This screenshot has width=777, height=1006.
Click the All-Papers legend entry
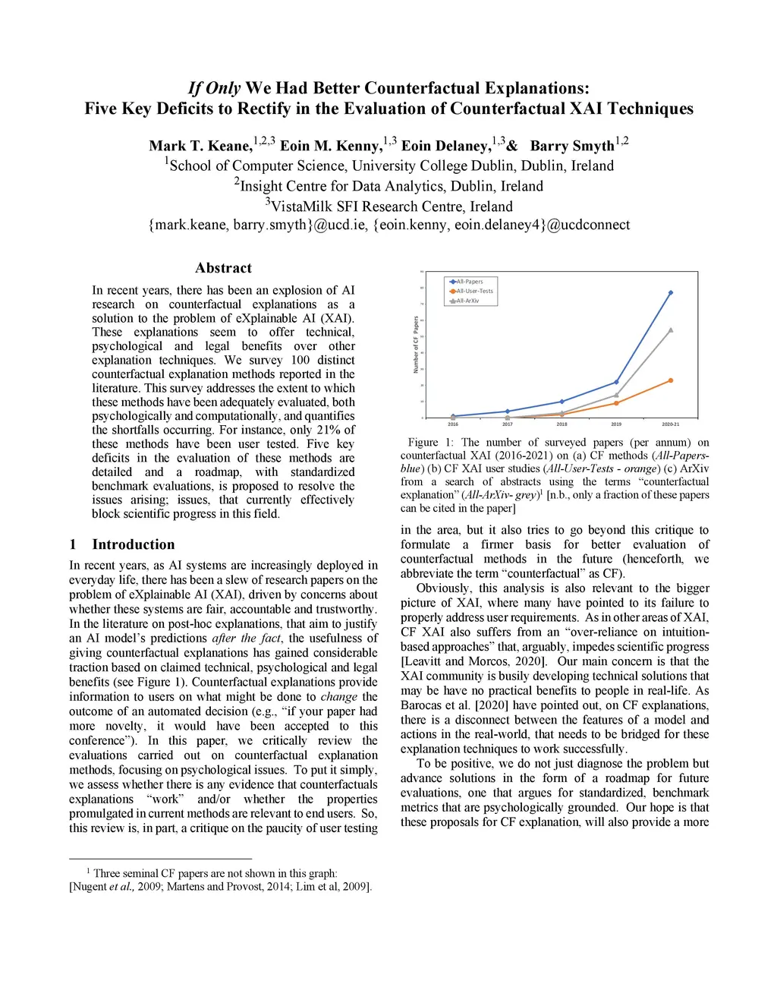tap(470, 282)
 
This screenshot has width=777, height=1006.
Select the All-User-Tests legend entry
tap(474, 291)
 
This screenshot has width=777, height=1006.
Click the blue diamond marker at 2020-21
tap(671, 292)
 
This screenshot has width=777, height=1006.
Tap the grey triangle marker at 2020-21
tap(671, 330)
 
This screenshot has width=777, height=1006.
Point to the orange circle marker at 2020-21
tap(671, 380)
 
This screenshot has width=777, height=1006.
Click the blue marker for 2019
tap(616, 382)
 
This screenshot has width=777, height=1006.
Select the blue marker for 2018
tap(562, 402)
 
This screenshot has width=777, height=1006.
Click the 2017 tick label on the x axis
tap(507, 424)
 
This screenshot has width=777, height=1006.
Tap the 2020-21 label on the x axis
tap(671, 424)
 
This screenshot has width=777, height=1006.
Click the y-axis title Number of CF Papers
tap(416, 345)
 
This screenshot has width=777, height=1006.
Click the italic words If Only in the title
tap(214, 88)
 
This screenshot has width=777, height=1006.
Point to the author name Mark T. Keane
tap(200, 146)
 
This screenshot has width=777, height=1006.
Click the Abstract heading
tap(223, 268)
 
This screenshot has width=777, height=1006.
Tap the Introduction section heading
tap(134, 544)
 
